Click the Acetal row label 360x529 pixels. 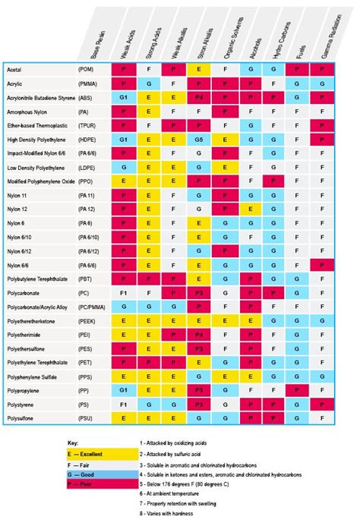pyautogui.click(x=17, y=69)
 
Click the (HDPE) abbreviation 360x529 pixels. pyautogui.click(x=90, y=140)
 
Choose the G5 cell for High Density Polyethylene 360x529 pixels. pyautogui.click(x=199, y=140)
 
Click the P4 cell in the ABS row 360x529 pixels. pyautogui.click(x=199, y=98)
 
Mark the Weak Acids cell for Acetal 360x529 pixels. pyautogui.click(x=123, y=70)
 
